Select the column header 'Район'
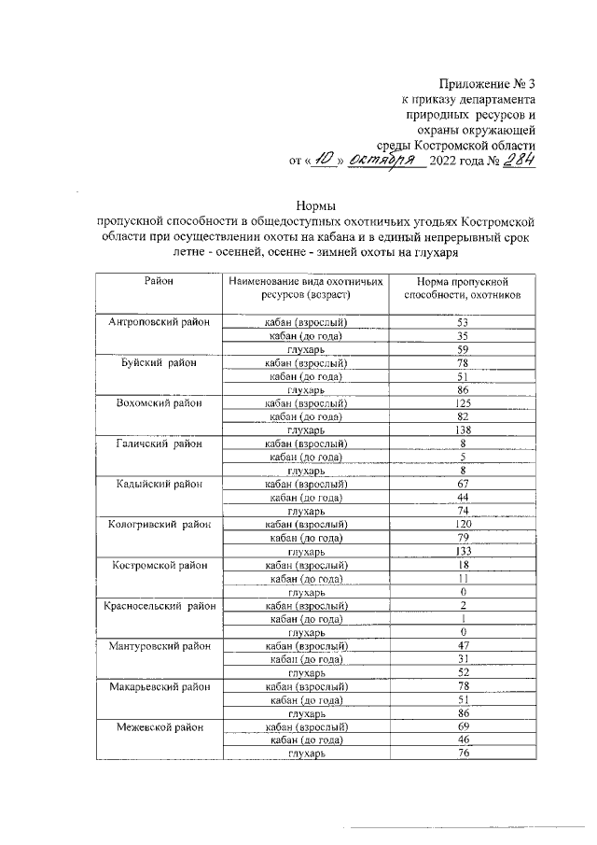159,280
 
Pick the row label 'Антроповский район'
159,321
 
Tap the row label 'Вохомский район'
159,402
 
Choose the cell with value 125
463,402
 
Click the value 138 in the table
463,430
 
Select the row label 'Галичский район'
159,444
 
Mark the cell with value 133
463,551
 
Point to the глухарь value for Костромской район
463,592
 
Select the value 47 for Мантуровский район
463,645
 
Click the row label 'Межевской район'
159,725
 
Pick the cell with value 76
463,753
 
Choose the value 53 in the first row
463,321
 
